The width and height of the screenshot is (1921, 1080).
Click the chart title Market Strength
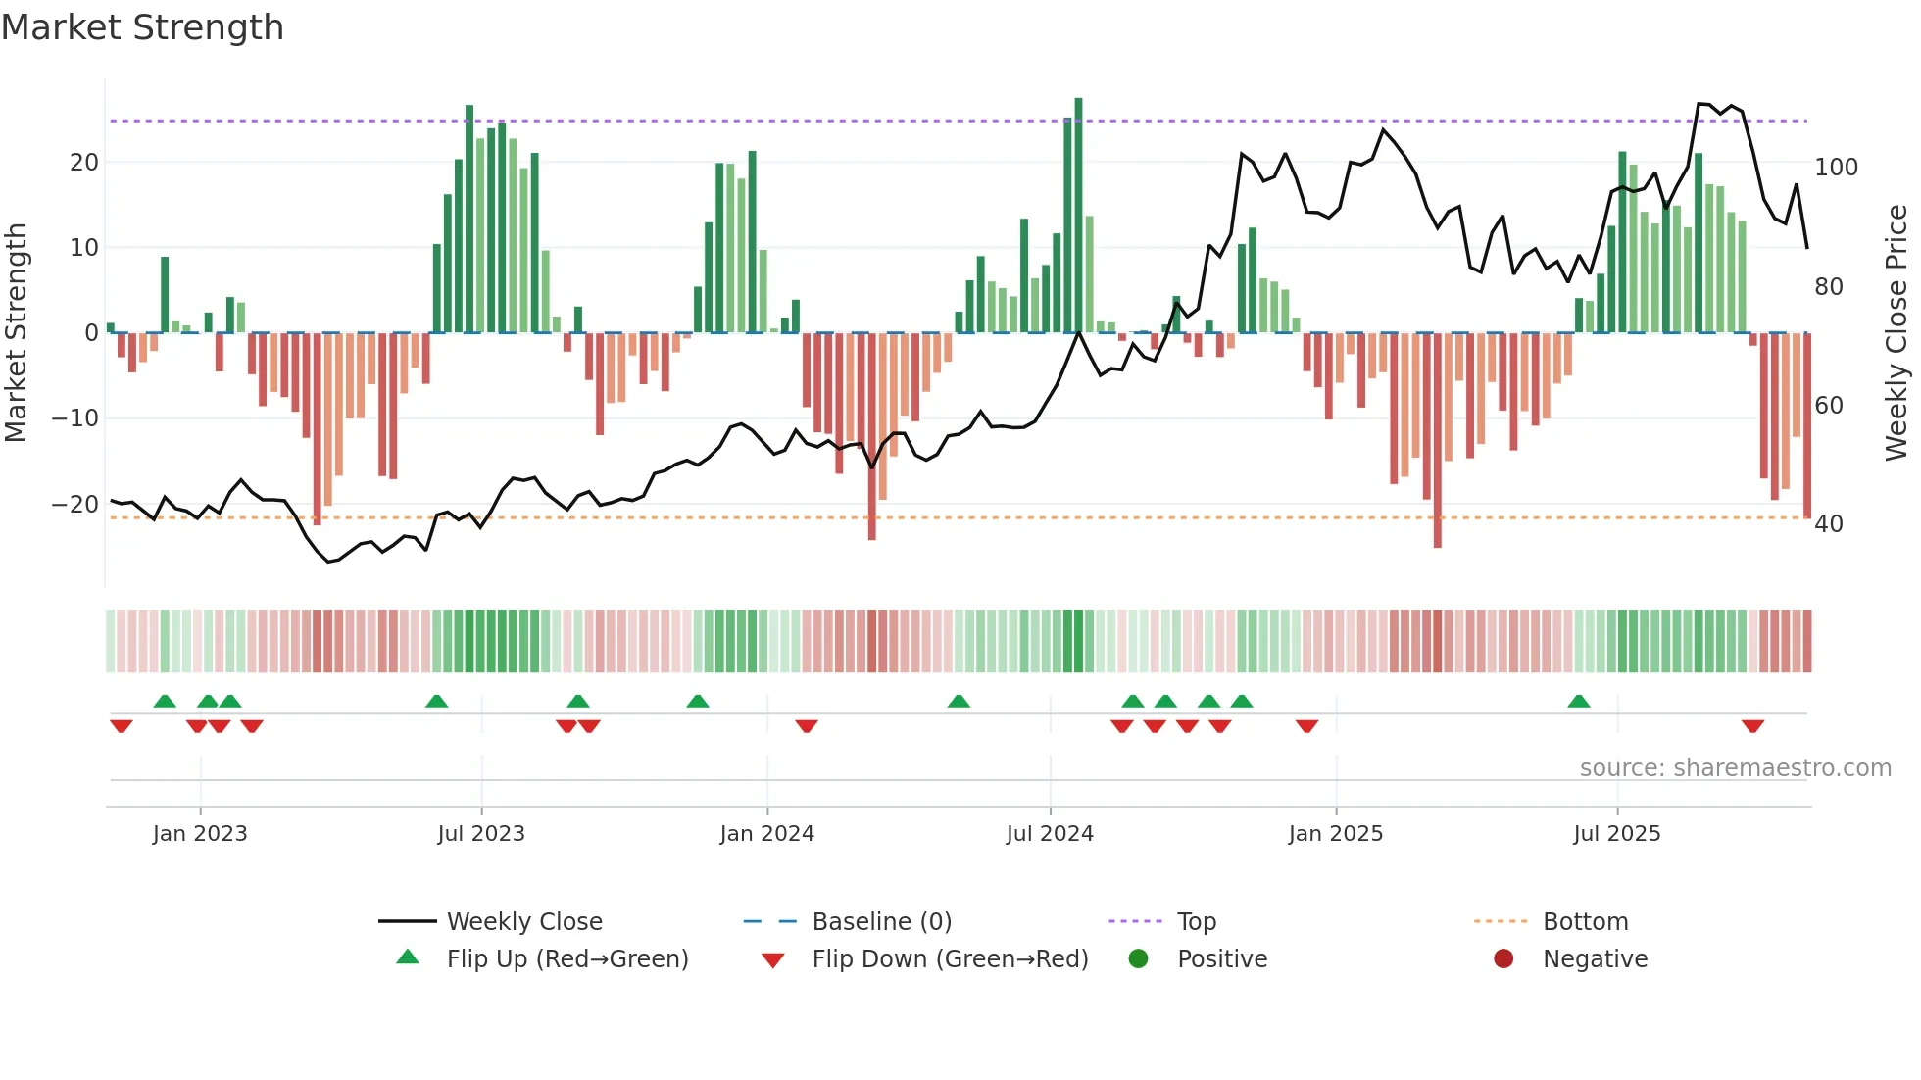coord(142,27)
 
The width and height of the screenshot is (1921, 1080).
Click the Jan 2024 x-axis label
coord(766,834)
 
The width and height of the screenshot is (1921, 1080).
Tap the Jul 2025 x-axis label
coord(1616,834)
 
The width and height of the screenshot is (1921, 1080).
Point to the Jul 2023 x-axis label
coord(481,834)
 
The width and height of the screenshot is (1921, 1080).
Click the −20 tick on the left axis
coord(74,505)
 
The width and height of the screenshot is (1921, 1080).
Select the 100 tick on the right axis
coord(1836,168)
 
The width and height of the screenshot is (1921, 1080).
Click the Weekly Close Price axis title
coord(1896,333)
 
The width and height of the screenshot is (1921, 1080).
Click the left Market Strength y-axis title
coord(17,333)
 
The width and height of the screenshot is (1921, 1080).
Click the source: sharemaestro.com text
coord(1735,768)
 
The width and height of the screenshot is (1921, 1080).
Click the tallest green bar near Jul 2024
coord(1078,216)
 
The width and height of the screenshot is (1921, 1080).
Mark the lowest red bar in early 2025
coord(1437,441)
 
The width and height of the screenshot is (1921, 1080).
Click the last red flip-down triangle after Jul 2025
coord(1752,726)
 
